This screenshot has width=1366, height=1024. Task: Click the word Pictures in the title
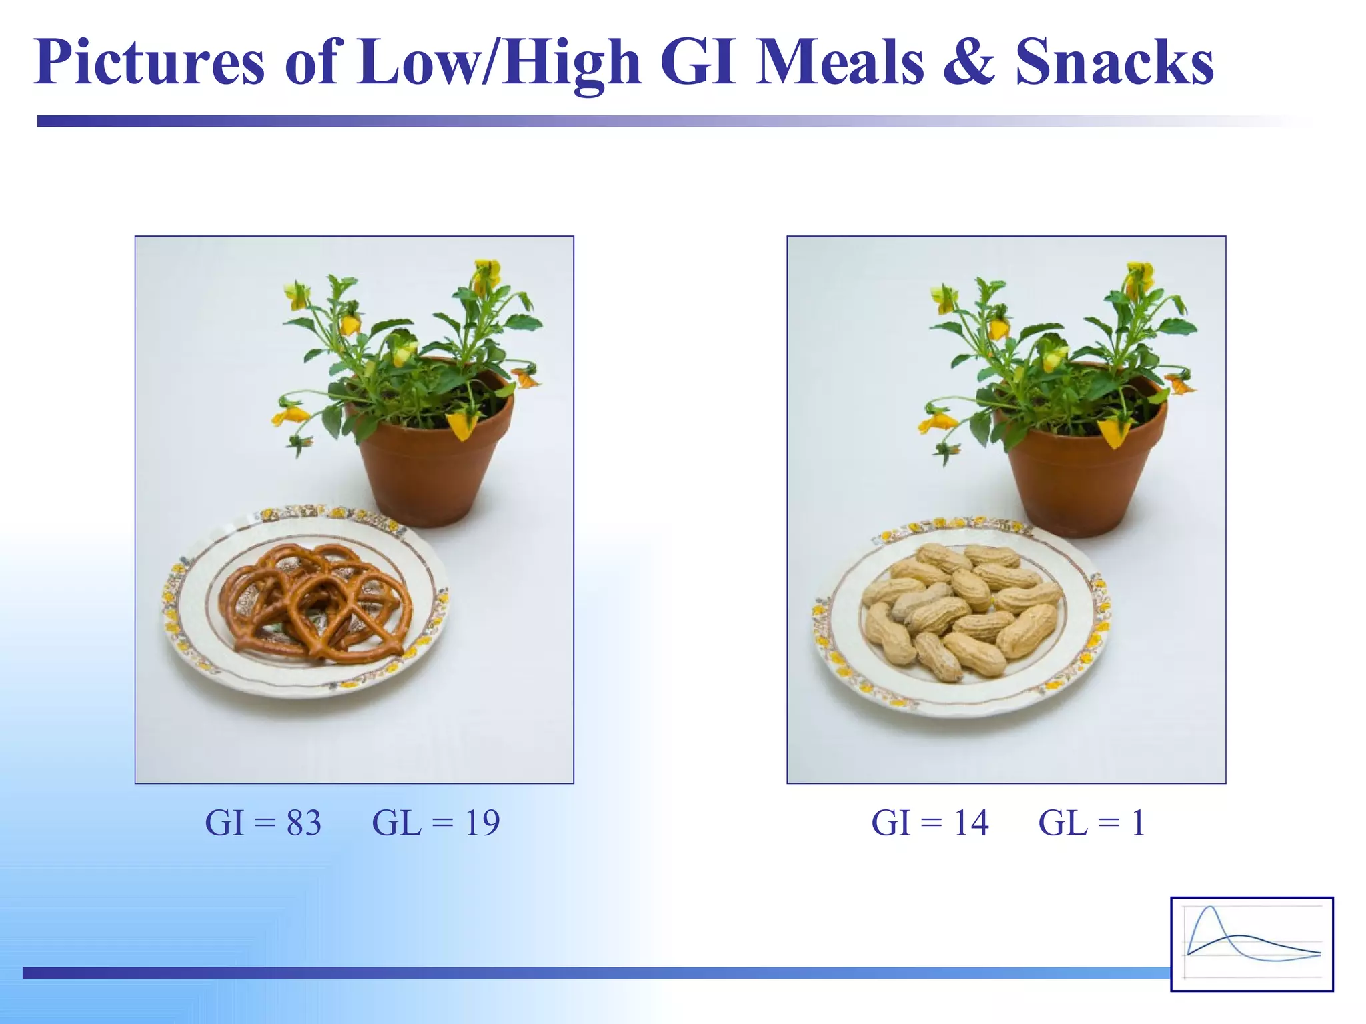tap(149, 63)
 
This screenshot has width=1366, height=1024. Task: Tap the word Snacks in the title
tap(1114, 63)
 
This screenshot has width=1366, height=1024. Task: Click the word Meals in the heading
tap(840, 63)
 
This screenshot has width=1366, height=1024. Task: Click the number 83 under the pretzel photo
tap(304, 823)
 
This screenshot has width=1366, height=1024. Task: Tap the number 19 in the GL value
tap(482, 823)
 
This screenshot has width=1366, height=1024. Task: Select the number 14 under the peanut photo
tap(970, 823)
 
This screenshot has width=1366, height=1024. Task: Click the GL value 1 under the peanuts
tap(1139, 823)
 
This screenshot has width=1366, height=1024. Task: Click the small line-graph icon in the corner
tap(1252, 944)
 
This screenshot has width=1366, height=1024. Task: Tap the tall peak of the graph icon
tap(1211, 911)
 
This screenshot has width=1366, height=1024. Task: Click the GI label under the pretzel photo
tap(225, 823)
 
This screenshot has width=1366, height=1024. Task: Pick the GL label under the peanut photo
tap(1063, 823)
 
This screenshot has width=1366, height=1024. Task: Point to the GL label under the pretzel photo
tap(396, 823)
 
